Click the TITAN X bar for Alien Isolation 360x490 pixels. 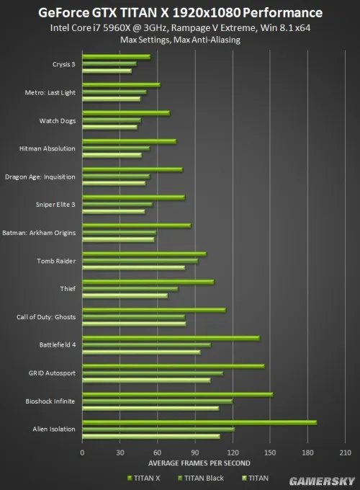coord(199,422)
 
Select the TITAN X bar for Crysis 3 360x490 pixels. coord(117,56)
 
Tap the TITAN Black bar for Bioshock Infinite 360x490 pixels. coord(158,401)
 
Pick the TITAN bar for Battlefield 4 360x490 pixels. coord(141,352)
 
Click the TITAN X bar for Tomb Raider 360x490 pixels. coord(144,254)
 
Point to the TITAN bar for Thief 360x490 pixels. coord(125,295)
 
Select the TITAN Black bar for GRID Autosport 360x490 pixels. coord(153,373)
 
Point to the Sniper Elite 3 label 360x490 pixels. coord(55,205)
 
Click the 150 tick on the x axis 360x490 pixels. coord(270,452)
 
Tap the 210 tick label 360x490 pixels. coord(345,452)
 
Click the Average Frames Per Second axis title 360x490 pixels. coord(199,462)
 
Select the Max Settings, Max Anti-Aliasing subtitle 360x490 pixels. coord(180,40)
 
